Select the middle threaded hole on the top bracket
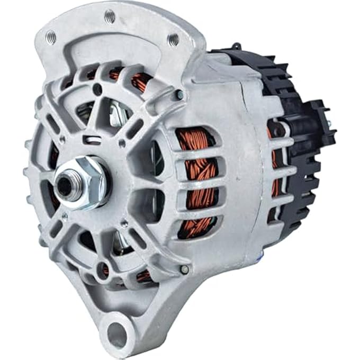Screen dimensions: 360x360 (110, 17)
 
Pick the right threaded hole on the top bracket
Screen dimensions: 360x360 (173, 39)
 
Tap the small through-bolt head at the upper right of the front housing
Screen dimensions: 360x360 (181, 95)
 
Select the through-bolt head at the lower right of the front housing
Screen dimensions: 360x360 (184, 269)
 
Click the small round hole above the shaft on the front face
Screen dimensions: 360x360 (97, 91)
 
